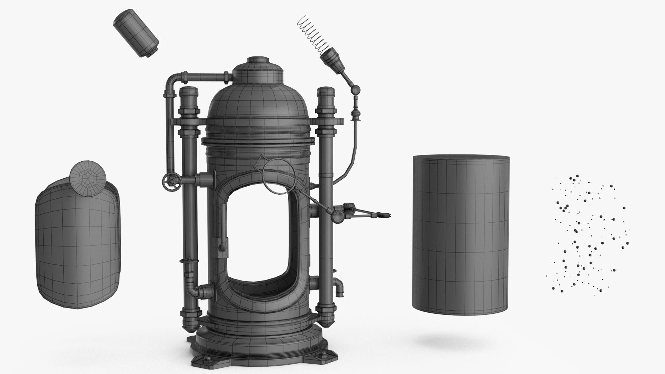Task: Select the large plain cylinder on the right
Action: [x=461, y=232]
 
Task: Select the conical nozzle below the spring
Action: [x=333, y=60]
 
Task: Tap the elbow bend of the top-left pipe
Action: [x=171, y=82]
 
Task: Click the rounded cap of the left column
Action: [x=189, y=93]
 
